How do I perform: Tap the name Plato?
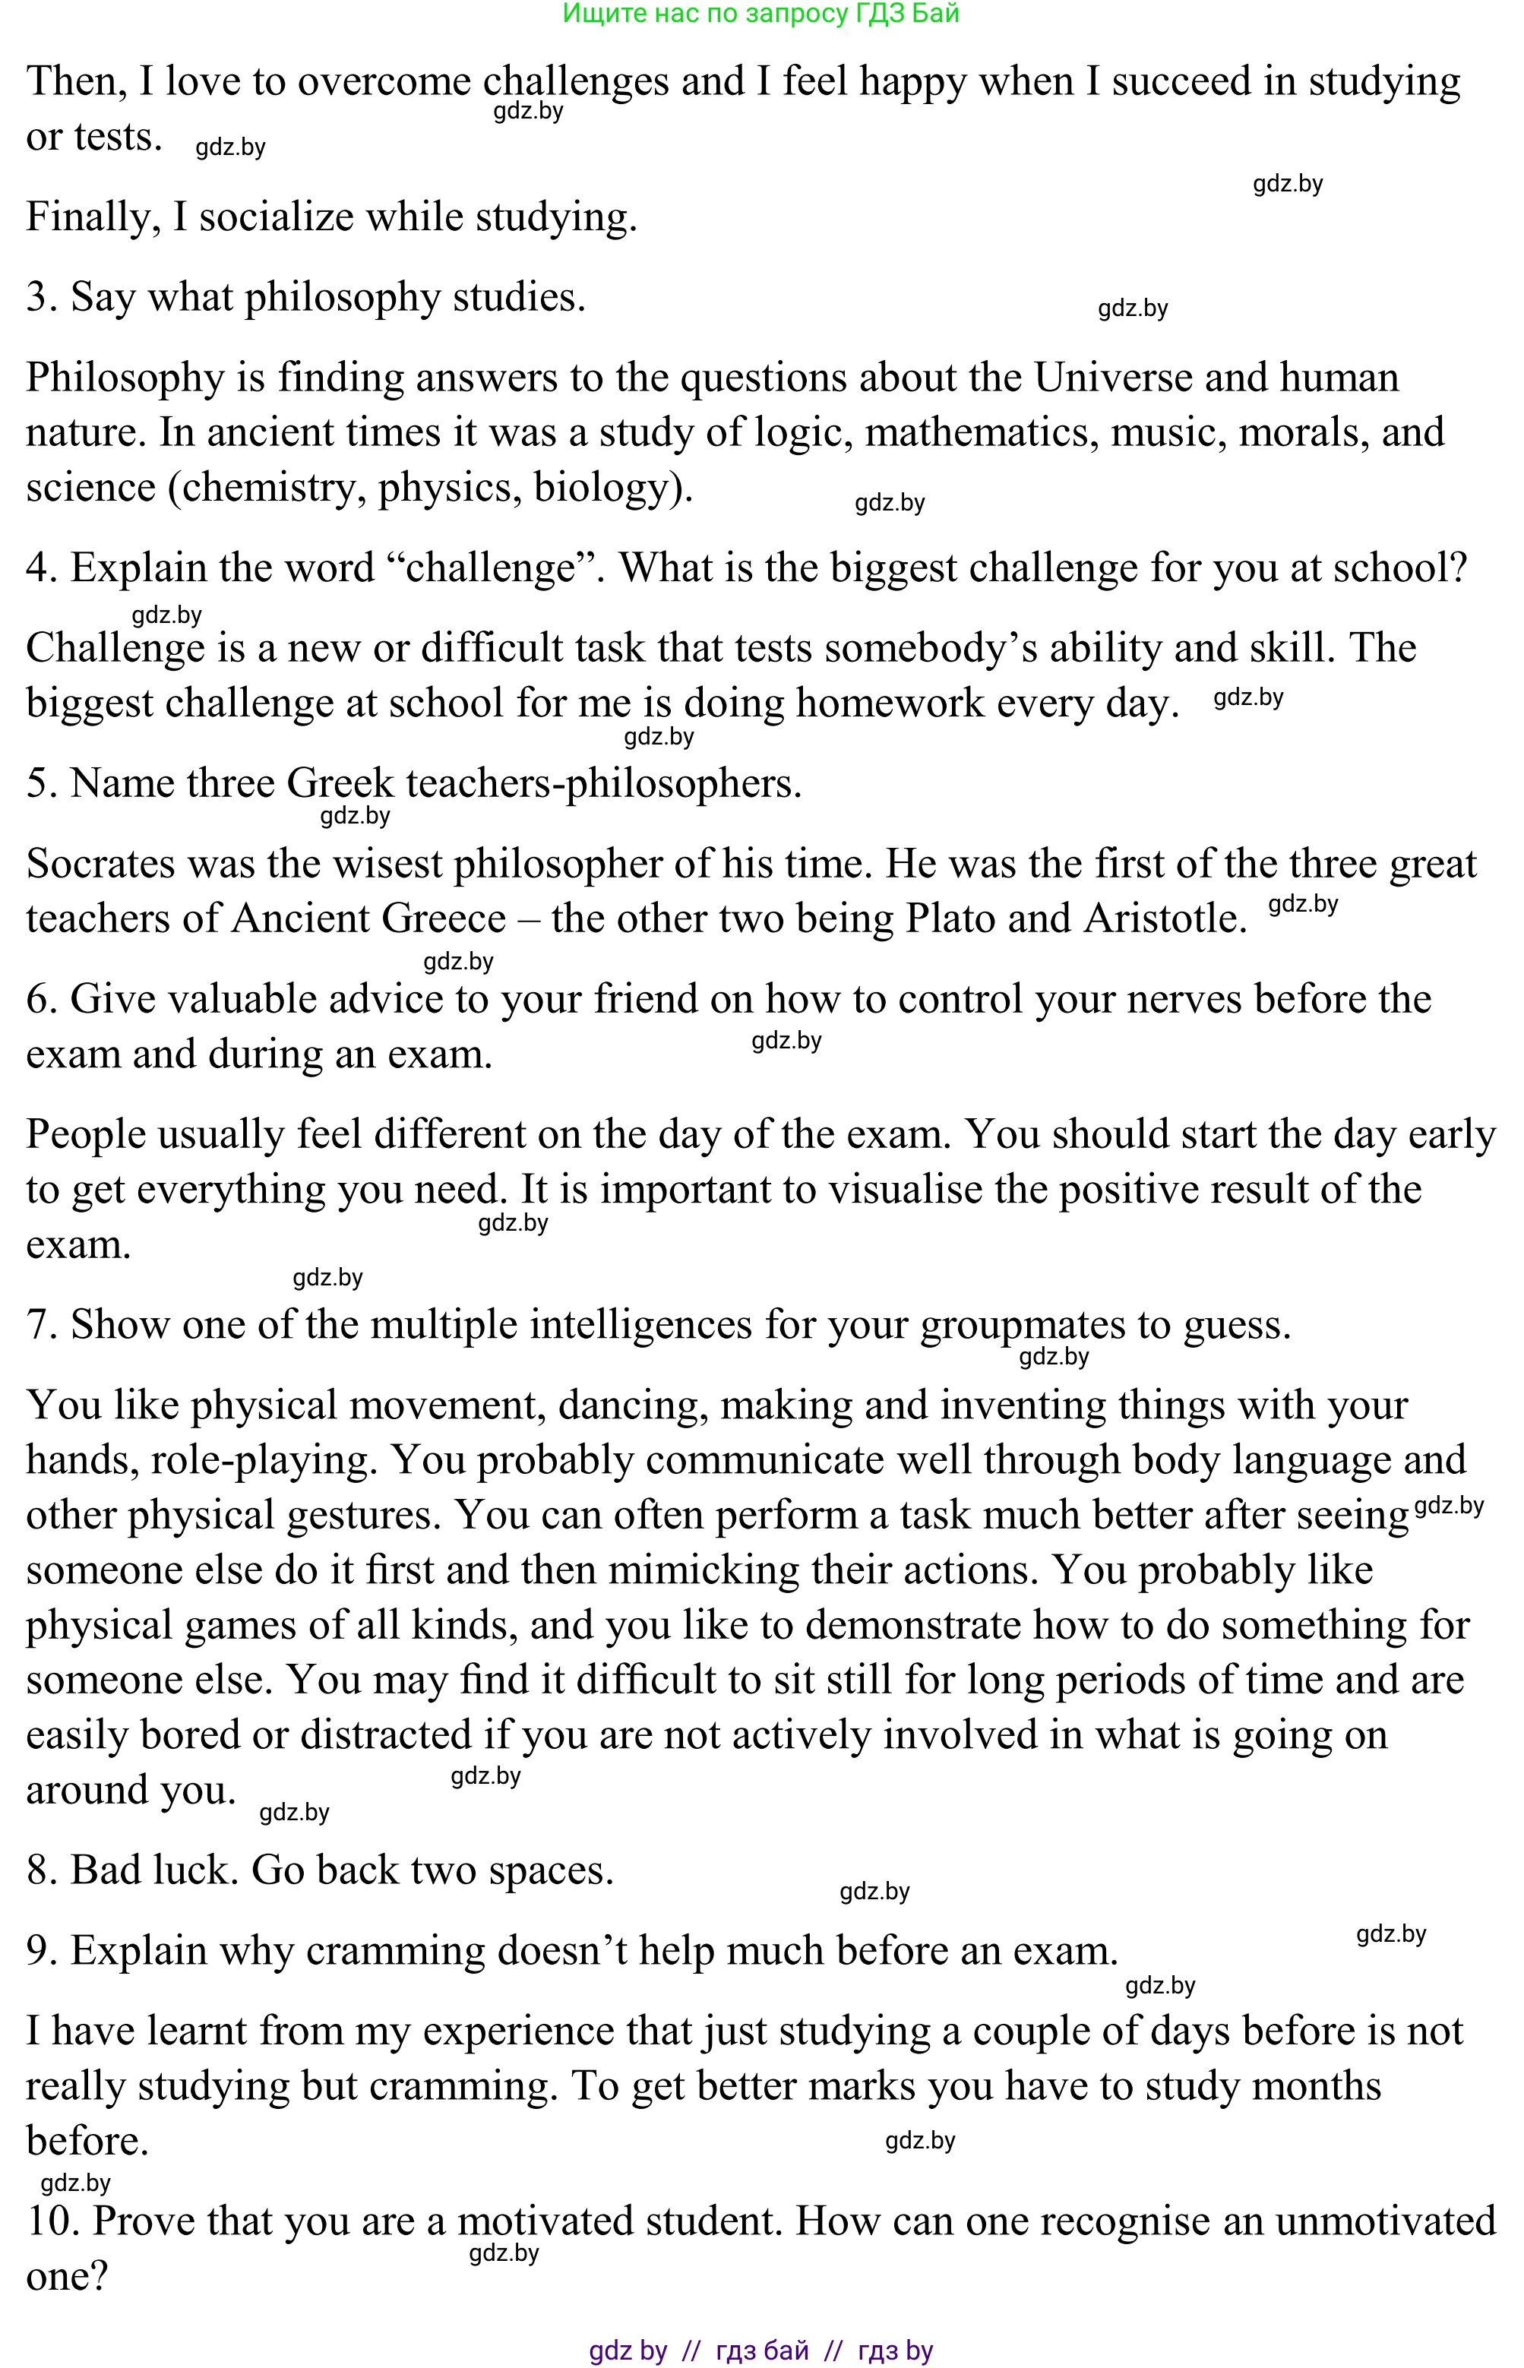(x=950, y=918)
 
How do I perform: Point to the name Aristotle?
(x=1164, y=918)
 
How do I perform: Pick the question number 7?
(x=40, y=1325)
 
